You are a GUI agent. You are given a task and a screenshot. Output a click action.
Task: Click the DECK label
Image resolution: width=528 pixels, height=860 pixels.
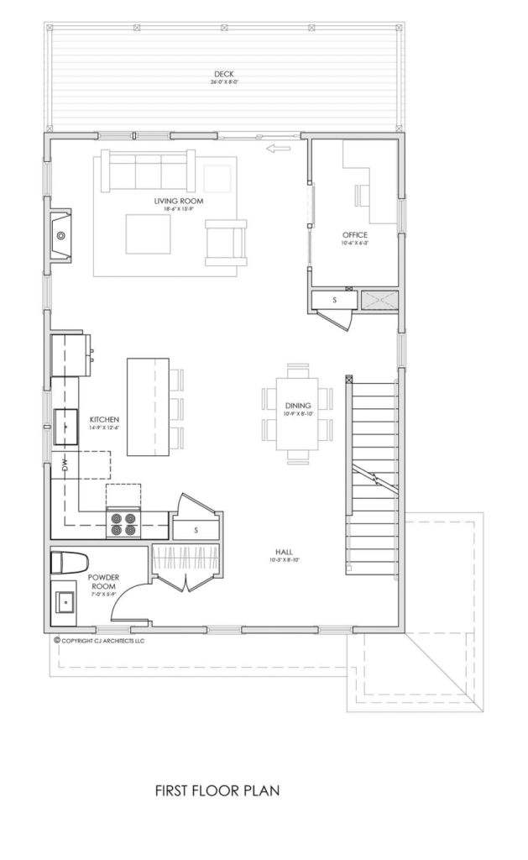pos(222,75)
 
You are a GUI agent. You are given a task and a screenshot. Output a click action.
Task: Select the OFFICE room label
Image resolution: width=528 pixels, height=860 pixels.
pos(356,235)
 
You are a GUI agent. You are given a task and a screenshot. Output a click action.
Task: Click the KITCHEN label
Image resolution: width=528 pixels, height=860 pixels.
pos(104,419)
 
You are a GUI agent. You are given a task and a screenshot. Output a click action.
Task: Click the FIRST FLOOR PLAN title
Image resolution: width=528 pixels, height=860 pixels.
pos(217,790)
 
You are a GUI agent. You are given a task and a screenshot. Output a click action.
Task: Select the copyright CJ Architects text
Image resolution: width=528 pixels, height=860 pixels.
pos(99,640)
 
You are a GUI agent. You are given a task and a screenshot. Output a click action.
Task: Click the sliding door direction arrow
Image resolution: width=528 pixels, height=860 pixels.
pos(276,149)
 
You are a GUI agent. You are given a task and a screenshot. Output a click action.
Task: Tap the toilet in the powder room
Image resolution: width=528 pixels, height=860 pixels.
pos(68,562)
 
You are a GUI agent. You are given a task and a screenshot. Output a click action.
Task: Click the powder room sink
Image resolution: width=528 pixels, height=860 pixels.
pos(65,602)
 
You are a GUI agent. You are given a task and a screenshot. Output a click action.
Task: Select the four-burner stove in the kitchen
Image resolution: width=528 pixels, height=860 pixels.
pos(123,525)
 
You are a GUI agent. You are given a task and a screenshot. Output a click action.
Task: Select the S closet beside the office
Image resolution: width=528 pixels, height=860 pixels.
pos(334,301)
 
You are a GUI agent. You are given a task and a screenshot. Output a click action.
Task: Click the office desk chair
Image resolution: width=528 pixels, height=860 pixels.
pos(362,195)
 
